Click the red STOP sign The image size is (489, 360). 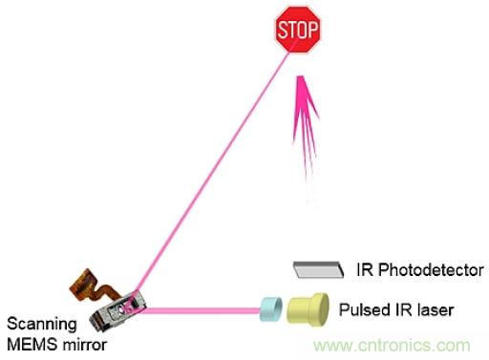click(x=298, y=30)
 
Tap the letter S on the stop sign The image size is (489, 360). click(x=283, y=30)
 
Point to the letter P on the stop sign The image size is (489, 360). click(x=312, y=30)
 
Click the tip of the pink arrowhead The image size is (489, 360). click(x=300, y=75)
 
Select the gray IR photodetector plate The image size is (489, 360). click(x=318, y=269)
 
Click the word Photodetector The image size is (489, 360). click(x=431, y=270)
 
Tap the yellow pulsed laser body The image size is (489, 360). click(x=308, y=309)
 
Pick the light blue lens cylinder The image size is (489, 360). click(x=270, y=309)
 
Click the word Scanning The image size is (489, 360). click(x=42, y=325)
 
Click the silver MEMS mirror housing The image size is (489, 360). click(x=117, y=311)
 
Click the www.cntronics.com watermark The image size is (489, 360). click(x=392, y=346)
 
